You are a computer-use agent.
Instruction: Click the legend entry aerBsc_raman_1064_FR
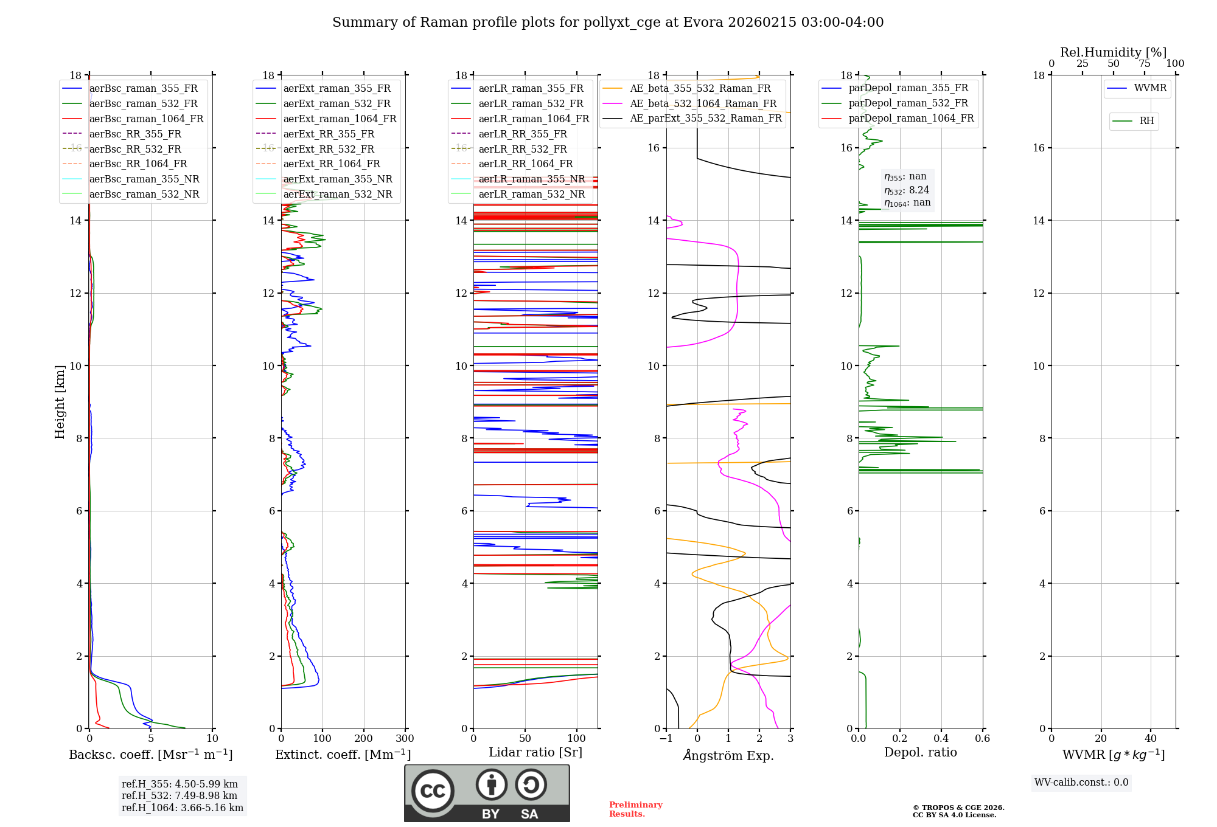point(146,119)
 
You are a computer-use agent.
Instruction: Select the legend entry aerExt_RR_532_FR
point(329,149)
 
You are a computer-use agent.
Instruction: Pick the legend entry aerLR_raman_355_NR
point(531,179)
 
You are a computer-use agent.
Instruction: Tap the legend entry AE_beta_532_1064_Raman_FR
point(703,104)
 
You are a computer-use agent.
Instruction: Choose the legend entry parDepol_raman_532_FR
point(908,103)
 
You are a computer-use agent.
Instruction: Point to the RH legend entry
point(1146,121)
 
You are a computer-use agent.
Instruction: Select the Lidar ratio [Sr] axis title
point(535,752)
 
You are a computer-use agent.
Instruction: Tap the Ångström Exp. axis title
point(728,755)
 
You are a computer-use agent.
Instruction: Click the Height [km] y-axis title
point(60,402)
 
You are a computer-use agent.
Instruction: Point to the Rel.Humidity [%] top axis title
point(1113,52)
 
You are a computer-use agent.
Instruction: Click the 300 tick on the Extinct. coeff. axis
point(405,739)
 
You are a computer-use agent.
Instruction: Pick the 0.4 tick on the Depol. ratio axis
point(941,739)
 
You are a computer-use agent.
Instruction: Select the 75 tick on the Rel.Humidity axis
point(1145,64)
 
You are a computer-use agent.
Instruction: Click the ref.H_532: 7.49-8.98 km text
point(179,795)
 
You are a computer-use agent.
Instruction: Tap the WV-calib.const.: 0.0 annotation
point(1081,783)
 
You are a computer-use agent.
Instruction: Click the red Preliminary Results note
point(635,809)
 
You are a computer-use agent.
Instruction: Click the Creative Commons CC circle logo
point(433,791)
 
